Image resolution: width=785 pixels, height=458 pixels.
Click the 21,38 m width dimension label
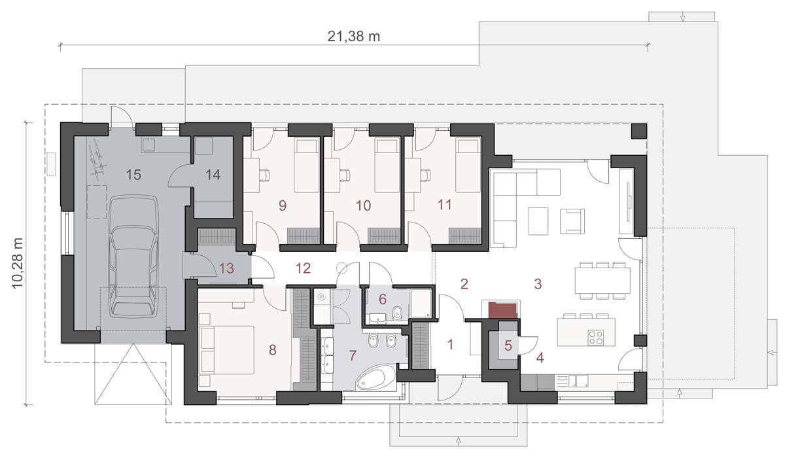pos(354,37)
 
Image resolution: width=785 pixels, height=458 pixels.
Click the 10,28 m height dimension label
pos(18,263)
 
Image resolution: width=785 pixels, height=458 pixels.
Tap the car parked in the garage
pos(133,256)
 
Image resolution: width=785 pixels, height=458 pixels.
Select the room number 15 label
pos(133,175)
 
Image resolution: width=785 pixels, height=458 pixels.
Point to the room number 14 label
pos(213,175)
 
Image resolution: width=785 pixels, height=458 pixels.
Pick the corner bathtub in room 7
pos(375,378)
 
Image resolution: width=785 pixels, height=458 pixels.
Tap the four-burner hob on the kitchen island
pos(596,338)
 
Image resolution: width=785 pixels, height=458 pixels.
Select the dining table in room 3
pos(602,280)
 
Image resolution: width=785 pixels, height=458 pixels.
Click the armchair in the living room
pos(572,220)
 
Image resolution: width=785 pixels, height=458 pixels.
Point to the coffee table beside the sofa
pos(538,220)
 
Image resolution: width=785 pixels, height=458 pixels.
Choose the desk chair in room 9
pos(264,175)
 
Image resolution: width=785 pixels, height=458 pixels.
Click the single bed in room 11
pos(468,165)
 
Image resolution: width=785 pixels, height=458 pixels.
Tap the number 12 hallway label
pos(303,268)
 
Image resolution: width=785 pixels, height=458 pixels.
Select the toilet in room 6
pos(397,313)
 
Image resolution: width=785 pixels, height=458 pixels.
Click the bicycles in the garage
pos(97,161)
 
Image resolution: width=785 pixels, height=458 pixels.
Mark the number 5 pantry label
pos(508,346)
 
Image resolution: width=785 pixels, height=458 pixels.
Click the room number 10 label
pos(363,205)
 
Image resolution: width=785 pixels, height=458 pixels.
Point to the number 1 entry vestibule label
pos(451,344)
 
